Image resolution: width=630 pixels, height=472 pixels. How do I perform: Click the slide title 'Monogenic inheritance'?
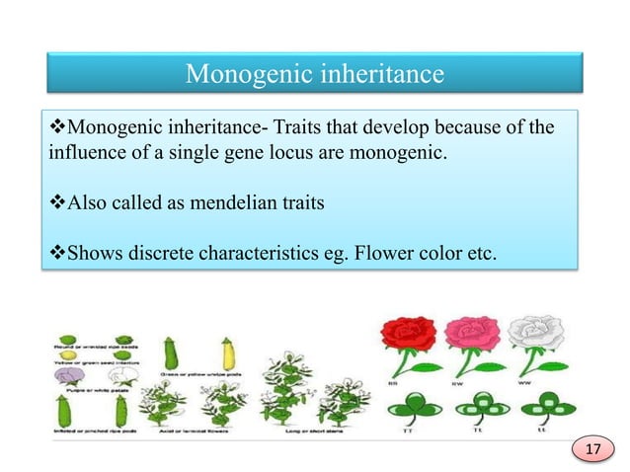(x=315, y=74)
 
